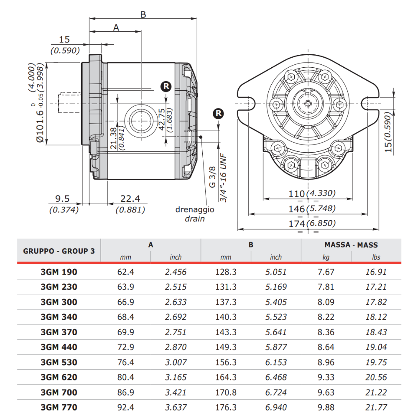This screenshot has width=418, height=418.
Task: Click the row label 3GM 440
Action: (59, 347)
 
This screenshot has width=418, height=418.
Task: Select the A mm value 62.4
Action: (126, 272)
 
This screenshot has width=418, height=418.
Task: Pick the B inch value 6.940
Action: (276, 407)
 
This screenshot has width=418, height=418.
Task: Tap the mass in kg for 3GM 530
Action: (326, 362)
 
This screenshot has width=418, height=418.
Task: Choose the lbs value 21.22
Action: (376, 392)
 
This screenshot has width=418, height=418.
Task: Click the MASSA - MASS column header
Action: (351, 245)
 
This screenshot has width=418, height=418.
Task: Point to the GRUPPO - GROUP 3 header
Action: (59, 251)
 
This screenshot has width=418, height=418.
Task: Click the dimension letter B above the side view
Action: (143, 15)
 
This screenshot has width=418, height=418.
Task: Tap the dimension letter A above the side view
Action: (116, 28)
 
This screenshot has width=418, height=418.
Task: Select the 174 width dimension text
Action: (297, 223)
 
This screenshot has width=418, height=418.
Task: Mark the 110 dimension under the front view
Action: (297, 194)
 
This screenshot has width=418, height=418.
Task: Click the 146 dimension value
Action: (297, 209)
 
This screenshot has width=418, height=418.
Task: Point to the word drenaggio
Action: (195, 209)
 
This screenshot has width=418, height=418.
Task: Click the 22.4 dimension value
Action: (130, 199)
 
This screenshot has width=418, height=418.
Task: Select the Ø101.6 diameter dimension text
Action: (39, 121)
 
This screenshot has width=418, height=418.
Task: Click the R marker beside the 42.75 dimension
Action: (166, 87)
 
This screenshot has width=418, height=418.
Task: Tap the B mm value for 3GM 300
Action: (226, 302)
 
